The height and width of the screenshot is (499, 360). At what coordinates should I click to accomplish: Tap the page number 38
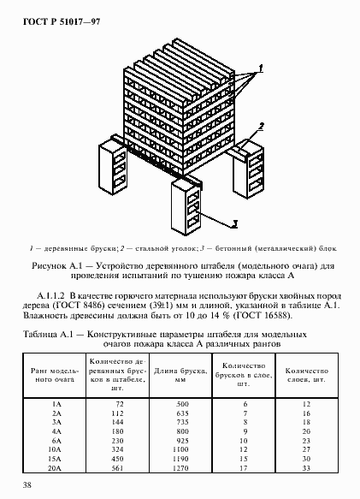click(x=28, y=485)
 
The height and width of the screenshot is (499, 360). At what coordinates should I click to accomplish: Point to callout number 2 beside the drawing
click(x=262, y=127)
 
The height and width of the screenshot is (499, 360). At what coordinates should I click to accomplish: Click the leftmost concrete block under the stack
click(x=114, y=167)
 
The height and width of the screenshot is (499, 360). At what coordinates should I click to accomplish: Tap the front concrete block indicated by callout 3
click(x=187, y=205)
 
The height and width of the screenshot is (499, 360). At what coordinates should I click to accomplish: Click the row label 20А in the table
click(x=56, y=469)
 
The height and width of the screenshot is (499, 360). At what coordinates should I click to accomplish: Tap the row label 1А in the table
click(x=56, y=401)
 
